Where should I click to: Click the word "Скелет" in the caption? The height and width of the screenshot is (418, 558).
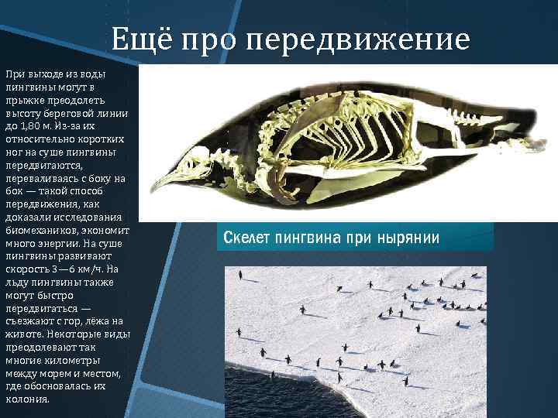point(246,237)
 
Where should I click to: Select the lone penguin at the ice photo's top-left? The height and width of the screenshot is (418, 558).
point(241,274)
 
